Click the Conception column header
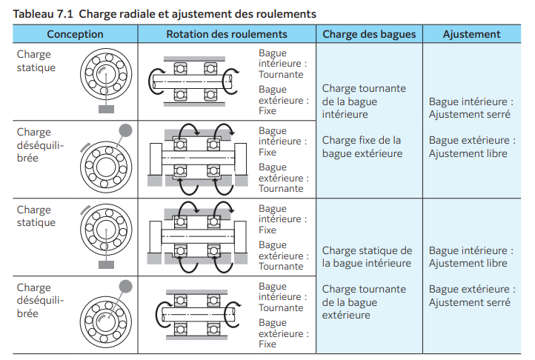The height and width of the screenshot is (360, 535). click(75, 34)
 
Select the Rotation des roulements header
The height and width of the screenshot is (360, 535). click(226, 34)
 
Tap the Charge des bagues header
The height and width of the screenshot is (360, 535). click(369, 34)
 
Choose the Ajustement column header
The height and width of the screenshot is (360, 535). click(471, 34)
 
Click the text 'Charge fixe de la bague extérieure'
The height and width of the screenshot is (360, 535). click(362, 147)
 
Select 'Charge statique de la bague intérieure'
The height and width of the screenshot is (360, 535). click(367, 257)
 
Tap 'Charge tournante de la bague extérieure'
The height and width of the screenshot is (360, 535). click(364, 302)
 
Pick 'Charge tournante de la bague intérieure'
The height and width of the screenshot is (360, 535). click(364, 101)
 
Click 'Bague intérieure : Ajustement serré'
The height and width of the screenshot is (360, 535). click(471, 108)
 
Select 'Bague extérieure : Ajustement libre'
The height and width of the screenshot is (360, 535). click(471, 147)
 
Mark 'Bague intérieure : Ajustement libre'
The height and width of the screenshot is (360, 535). click(471, 257)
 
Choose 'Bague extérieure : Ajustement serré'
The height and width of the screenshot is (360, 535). click(471, 296)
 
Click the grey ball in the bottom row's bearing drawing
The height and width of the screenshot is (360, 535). click(125, 285)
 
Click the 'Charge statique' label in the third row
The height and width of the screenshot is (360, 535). click(36, 216)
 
